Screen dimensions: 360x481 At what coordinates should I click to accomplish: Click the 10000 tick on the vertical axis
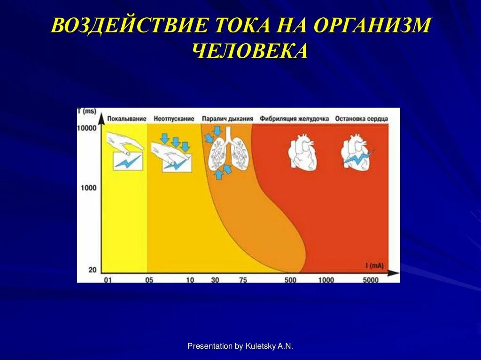point(86,128)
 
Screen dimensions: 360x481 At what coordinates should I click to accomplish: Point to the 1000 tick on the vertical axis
point(88,188)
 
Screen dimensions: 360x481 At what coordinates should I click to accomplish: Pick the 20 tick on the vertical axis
point(92,269)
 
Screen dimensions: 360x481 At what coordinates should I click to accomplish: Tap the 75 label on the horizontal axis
point(243,280)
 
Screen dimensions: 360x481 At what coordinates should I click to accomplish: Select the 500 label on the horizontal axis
point(291,280)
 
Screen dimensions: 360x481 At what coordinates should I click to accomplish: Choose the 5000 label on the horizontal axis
point(370,280)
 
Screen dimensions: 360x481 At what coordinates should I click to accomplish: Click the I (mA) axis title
point(374,266)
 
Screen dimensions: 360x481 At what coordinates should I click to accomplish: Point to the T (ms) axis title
point(86,111)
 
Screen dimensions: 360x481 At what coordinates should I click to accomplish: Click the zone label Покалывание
point(127,119)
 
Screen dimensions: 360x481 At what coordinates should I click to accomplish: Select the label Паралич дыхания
point(227,119)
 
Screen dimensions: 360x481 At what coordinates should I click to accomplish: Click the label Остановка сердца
point(361,119)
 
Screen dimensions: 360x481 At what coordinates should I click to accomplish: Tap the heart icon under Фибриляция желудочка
point(303,152)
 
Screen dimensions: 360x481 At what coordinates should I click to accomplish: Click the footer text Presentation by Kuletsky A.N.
point(240,346)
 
